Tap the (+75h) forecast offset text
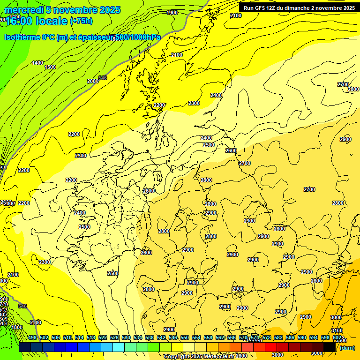(81, 21)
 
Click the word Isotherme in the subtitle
(22, 37)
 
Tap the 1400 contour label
(37, 63)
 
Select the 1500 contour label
(50, 67)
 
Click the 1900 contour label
(172, 13)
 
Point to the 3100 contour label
(337, 331)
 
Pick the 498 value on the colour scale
(32, 337)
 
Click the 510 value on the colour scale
(67, 337)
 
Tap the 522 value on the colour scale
(103, 337)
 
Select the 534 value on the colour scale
(138, 337)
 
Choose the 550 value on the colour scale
(185, 337)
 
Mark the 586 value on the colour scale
(290, 337)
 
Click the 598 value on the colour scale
(325, 337)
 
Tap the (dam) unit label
(347, 347)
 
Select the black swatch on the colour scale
(330, 347)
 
